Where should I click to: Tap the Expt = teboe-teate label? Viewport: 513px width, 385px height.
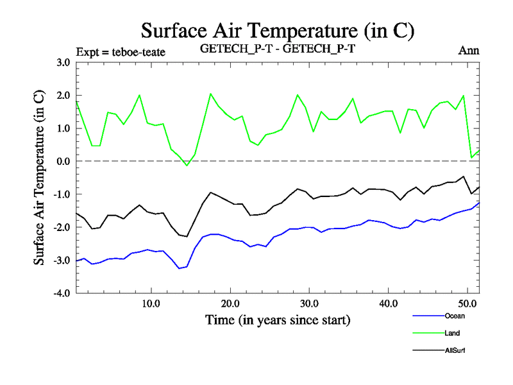pyautogui.click(x=121, y=51)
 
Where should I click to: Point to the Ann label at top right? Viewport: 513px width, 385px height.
pyautogui.click(x=469, y=51)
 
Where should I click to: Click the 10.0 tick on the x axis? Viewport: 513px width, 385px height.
pyautogui.click(x=151, y=303)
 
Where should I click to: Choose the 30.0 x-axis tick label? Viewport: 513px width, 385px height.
pyautogui.click(x=309, y=303)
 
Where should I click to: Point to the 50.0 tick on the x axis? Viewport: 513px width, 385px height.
pyautogui.click(x=467, y=303)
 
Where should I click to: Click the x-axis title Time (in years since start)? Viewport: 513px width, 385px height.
pyautogui.click(x=278, y=319)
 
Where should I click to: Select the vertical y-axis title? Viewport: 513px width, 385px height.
pyautogui.click(x=39, y=178)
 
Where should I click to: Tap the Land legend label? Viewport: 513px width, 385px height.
pyautogui.click(x=451, y=332)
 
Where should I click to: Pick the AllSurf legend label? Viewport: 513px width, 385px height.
pyautogui.click(x=454, y=350)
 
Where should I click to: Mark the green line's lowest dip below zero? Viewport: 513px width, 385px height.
pyautogui.click(x=187, y=166)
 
